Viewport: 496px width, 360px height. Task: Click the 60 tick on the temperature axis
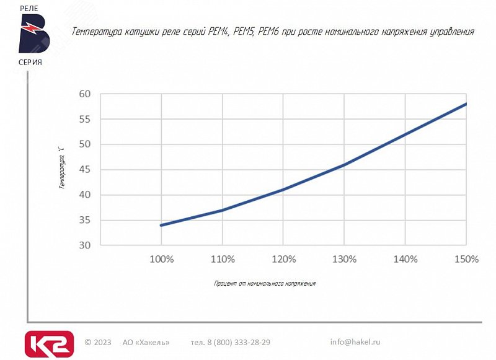click(85, 94)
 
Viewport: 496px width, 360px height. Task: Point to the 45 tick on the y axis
click(85, 169)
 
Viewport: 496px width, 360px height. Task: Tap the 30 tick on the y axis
click(85, 245)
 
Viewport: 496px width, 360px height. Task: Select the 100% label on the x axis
click(161, 259)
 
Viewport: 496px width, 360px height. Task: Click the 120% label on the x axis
click(283, 259)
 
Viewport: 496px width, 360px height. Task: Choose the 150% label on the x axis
click(466, 259)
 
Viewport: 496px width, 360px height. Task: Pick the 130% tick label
click(343, 259)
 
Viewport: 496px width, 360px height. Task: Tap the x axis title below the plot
click(265, 283)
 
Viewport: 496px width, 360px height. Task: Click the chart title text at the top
click(273, 31)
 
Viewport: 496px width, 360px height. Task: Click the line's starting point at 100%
click(161, 225)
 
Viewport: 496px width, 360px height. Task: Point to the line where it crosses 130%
click(343, 165)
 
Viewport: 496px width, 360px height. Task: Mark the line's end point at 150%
click(466, 103)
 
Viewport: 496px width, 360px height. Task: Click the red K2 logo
click(49, 344)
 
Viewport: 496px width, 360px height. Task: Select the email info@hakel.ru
click(355, 341)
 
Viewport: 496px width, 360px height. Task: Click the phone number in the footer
click(231, 342)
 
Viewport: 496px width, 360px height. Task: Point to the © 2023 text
click(98, 342)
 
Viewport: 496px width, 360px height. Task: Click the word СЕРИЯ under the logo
click(30, 62)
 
